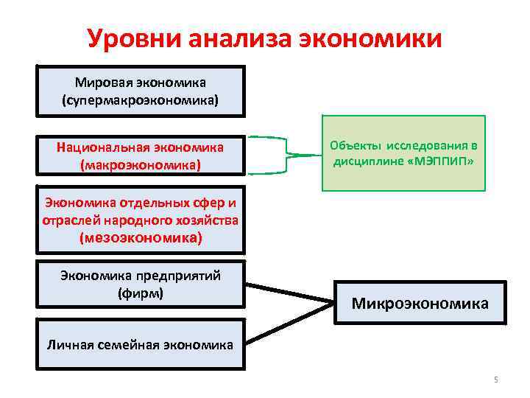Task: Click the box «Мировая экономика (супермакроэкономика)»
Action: click(141, 91)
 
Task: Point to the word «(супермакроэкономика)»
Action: click(141, 99)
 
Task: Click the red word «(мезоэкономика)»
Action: click(141, 237)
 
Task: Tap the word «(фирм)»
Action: click(141, 293)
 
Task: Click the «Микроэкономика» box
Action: click(420, 302)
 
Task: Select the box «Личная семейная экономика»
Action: click(141, 343)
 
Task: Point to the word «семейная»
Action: click(130, 344)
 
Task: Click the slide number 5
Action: click(495, 380)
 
